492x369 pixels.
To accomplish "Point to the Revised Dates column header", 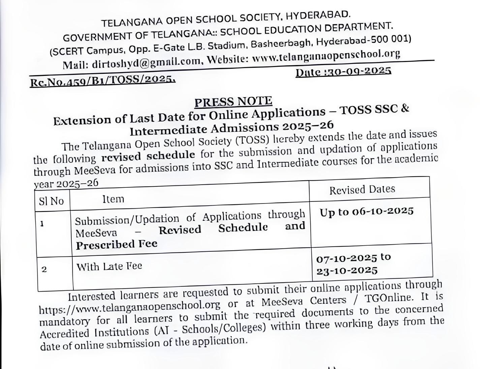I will pos(362,189).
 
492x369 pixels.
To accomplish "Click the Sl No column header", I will pos(51,201).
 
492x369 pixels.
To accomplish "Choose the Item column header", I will pos(113,199).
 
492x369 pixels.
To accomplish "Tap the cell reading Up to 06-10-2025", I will pos(367,212).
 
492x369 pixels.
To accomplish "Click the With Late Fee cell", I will pos(109,266).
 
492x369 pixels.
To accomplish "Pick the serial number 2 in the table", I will pos(44,269).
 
